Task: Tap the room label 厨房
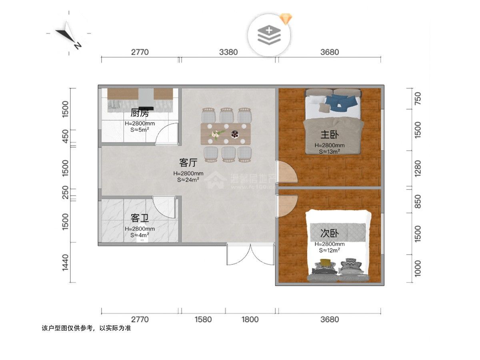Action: pyautogui.click(x=140, y=113)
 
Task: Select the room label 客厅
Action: pyautogui.click(x=188, y=163)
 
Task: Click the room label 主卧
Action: pyautogui.click(x=329, y=134)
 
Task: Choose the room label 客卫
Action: pyautogui.click(x=140, y=218)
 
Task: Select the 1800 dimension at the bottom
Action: pyautogui.click(x=250, y=319)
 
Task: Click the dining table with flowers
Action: pyautogui.click(x=226, y=134)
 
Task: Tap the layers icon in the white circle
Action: pyautogui.click(x=269, y=35)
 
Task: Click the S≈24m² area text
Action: pyautogui.click(x=188, y=180)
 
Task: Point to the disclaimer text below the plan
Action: pyautogui.click(x=86, y=328)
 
